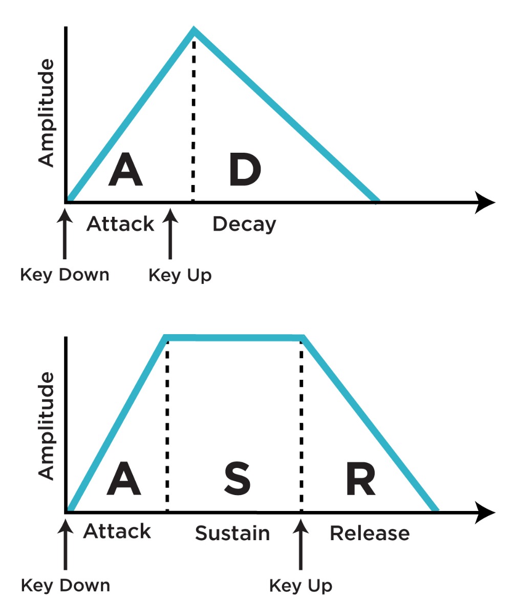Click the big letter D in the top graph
pyautogui.click(x=245, y=171)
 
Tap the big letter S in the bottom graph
pyautogui.click(x=238, y=480)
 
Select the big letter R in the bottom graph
pyautogui.click(x=360, y=480)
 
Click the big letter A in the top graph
pyautogui.click(x=125, y=171)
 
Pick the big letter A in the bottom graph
pyautogui.click(x=123, y=480)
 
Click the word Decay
pyautogui.click(x=244, y=224)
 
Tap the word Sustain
pyautogui.click(x=232, y=534)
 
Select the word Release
pyautogui.click(x=370, y=534)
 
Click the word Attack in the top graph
pyautogui.click(x=120, y=224)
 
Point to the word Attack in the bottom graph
pyautogui.click(x=117, y=531)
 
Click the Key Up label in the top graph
pyautogui.click(x=180, y=276)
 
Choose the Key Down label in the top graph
pyautogui.click(x=65, y=275)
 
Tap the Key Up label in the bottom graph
pyautogui.click(x=301, y=585)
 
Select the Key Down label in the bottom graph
pyautogui.click(x=65, y=585)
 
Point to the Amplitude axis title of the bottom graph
pyautogui.click(x=47, y=425)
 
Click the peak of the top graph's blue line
pyautogui.click(x=194, y=30)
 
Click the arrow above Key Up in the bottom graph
pyautogui.click(x=301, y=543)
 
